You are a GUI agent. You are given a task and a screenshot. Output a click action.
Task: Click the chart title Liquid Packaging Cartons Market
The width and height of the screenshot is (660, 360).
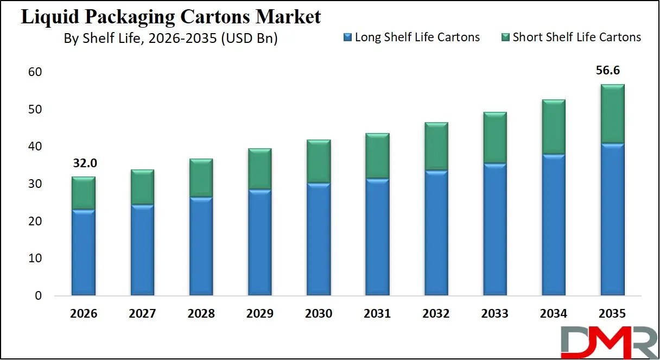coord(170,17)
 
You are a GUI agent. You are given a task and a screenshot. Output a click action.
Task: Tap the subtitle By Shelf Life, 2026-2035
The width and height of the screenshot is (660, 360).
coord(170,39)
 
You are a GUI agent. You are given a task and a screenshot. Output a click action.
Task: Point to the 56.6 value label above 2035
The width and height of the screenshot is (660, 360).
coord(612,71)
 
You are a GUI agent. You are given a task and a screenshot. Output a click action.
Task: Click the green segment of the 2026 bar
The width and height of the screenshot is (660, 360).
coord(83,193)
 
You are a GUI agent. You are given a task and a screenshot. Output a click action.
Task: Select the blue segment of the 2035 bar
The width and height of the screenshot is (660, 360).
coord(612,220)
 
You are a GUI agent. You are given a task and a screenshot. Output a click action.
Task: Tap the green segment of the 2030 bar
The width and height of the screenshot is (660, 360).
coord(319,161)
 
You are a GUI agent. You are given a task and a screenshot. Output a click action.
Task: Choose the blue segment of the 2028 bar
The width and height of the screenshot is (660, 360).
coord(201,247)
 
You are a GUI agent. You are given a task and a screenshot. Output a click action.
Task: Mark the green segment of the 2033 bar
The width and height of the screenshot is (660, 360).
coord(494,138)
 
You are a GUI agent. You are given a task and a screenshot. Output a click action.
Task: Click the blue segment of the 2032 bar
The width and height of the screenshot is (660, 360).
coord(436,233)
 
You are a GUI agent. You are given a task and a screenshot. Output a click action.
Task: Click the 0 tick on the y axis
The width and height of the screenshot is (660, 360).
coord(38,296)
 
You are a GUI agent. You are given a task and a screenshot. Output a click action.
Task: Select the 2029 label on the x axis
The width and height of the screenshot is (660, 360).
coord(259,314)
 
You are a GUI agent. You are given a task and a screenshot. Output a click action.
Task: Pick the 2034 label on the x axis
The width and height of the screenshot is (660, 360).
coord(554,314)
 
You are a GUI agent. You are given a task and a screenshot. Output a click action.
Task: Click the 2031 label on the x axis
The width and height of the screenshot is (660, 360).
coord(377,314)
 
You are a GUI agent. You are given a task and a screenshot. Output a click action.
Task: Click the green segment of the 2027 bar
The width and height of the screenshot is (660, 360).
coord(142,187)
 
